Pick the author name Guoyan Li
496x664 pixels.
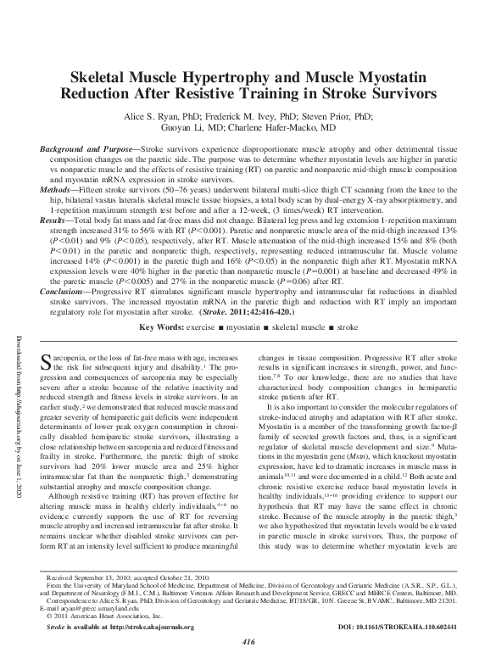coord(181,131)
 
